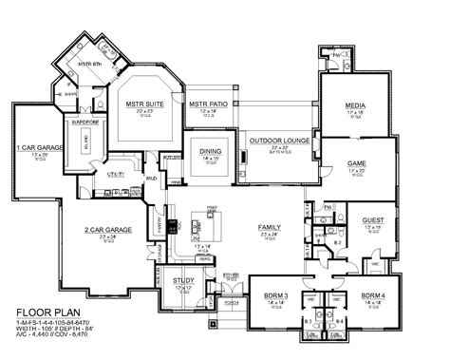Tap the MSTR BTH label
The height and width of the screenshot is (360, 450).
coord(89,64)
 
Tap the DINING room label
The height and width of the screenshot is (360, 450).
coord(212,150)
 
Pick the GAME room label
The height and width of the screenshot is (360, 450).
coord(357,162)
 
